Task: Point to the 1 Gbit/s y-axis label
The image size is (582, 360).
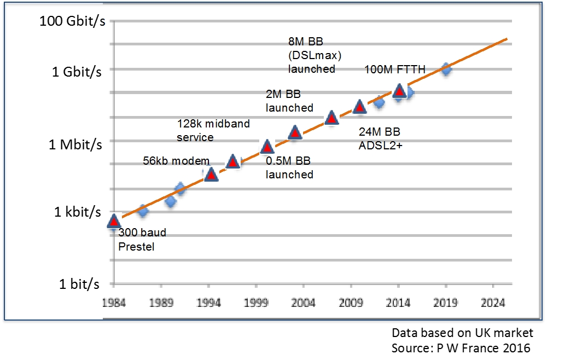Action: pyautogui.click(x=77, y=72)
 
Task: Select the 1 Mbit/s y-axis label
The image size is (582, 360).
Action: pyautogui.click(x=75, y=144)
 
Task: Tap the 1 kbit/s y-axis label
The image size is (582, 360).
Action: pyautogui.click(x=78, y=212)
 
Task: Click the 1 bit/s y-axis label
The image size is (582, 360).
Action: pyautogui.click(x=79, y=284)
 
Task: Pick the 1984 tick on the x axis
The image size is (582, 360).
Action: pyautogui.click(x=113, y=303)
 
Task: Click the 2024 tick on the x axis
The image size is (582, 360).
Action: pyautogui.click(x=493, y=303)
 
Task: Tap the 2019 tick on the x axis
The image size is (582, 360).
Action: pyautogui.click(x=446, y=303)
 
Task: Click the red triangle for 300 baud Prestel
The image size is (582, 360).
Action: pyautogui.click(x=114, y=221)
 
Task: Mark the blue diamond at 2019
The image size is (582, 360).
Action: pyautogui.click(x=446, y=69)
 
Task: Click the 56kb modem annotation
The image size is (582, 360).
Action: pyautogui.click(x=176, y=161)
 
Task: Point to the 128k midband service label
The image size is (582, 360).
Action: pyautogui.click(x=213, y=130)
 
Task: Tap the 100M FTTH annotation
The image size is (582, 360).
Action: pyautogui.click(x=395, y=69)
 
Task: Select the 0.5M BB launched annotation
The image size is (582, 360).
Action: pyautogui.click(x=289, y=167)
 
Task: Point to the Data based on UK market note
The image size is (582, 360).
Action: pyautogui.click(x=462, y=333)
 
